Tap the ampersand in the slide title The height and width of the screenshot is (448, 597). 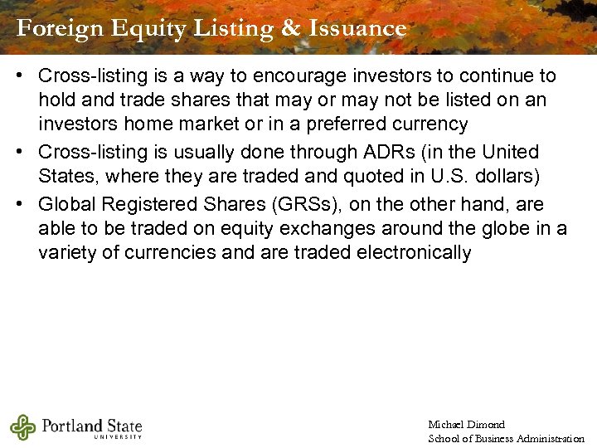pos(290,29)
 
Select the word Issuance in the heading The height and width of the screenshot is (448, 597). pos(357,29)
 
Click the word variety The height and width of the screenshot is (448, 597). pos(67,252)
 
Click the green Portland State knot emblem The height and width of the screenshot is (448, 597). pos(23,427)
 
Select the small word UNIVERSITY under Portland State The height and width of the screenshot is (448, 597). pos(118,436)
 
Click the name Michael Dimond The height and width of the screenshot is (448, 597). pos(466,425)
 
